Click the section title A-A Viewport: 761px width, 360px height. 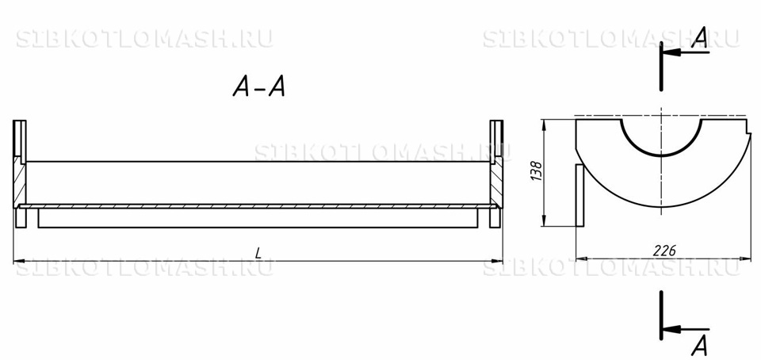click(258, 88)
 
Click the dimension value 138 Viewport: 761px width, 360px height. click(537, 171)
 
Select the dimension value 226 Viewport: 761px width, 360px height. click(664, 251)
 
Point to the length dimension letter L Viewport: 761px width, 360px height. click(258, 252)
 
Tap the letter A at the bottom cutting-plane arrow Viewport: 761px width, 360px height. click(700, 346)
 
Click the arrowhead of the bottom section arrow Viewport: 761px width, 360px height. click(671, 330)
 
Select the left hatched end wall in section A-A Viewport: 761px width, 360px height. click(19, 182)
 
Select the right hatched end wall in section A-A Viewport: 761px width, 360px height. click(496, 182)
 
